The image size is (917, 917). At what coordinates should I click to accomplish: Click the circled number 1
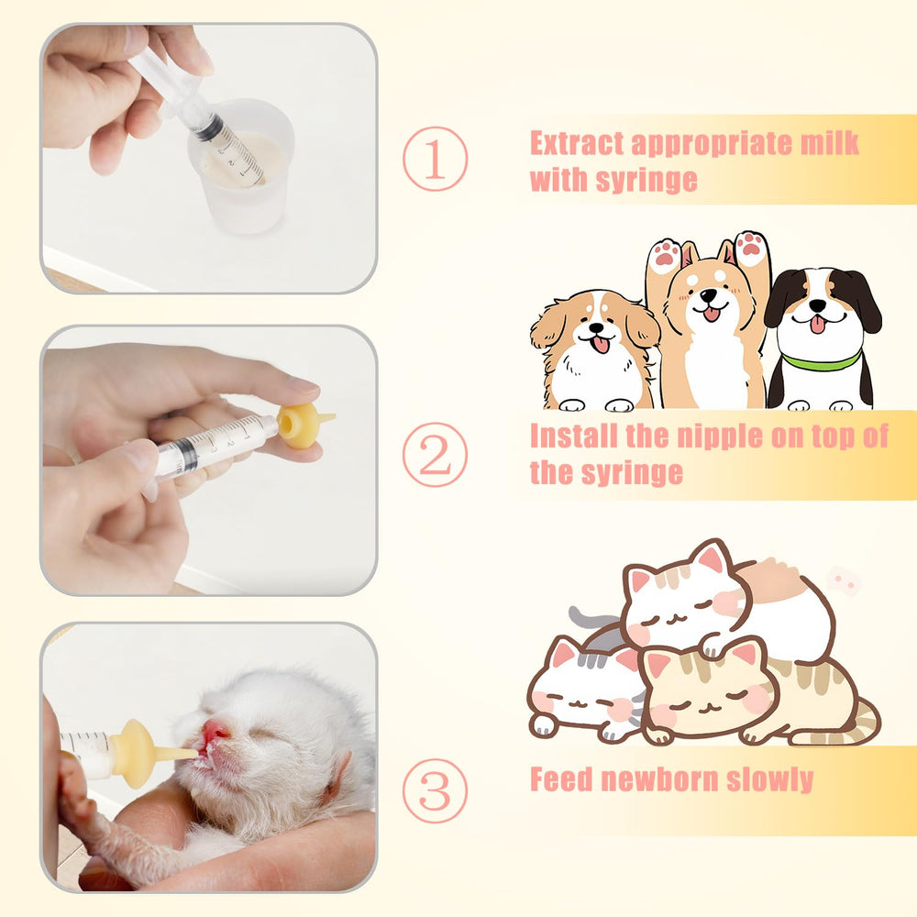(435, 159)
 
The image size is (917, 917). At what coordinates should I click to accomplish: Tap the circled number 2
(435, 455)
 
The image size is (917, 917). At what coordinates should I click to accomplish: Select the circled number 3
(435, 790)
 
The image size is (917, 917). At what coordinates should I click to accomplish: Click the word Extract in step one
(577, 143)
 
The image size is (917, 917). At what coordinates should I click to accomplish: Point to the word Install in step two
(573, 436)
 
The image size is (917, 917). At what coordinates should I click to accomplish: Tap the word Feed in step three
(561, 779)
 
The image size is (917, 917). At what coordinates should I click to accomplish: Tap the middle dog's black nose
(709, 295)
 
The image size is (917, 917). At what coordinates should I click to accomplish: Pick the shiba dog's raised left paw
(665, 253)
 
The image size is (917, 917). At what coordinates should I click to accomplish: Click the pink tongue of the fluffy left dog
(600, 345)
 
